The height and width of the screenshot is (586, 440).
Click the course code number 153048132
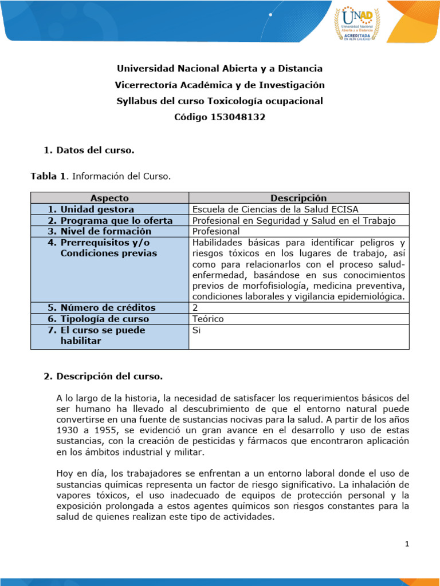(x=238, y=117)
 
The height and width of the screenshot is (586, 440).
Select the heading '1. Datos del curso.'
(x=89, y=151)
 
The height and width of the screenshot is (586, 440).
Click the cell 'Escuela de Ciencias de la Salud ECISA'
(x=276, y=209)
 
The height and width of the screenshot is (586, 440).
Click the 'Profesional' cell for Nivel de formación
(x=216, y=231)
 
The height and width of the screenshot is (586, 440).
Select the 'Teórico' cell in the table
(x=208, y=319)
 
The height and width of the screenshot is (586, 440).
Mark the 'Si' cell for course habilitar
(x=197, y=330)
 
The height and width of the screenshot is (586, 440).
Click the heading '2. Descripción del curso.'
(x=103, y=377)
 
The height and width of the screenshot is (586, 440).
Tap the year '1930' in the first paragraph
(x=67, y=430)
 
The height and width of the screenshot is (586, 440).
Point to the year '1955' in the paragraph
(x=104, y=430)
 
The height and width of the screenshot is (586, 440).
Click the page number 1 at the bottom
(x=407, y=544)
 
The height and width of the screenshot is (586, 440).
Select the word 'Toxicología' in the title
(x=247, y=101)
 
